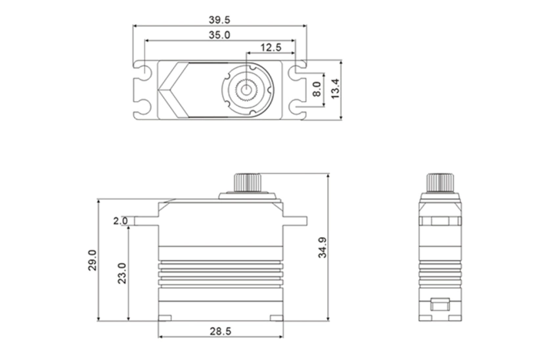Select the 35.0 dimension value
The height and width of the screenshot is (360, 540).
[219, 34]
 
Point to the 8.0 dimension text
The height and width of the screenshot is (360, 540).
[317, 89]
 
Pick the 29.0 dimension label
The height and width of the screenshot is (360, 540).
[93, 260]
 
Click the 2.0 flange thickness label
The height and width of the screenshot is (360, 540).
[120, 221]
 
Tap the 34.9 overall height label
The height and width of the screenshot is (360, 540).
[322, 248]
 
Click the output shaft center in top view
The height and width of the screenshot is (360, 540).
[248, 89]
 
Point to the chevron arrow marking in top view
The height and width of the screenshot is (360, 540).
[172, 90]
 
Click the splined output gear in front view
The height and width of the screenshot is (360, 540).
[248, 182]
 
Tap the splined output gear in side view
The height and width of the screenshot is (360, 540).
[440, 182]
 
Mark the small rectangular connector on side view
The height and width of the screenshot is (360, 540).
[440, 304]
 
